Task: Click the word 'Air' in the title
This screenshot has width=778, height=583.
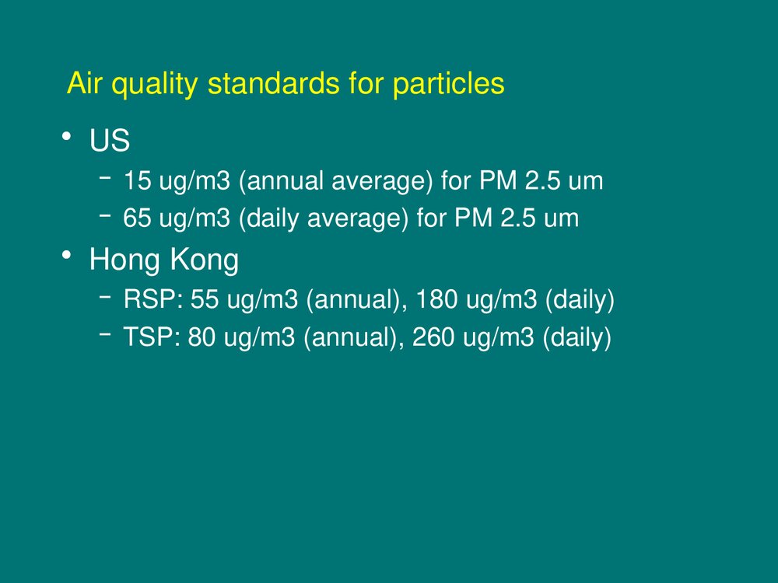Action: pyautogui.click(x=83, y=83)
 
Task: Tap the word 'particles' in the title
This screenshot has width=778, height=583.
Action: pyautogui.click(x=449, y=83)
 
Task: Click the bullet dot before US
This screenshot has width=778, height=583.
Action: pyautogui.click(x=66, y=135)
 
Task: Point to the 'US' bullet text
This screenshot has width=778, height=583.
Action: pyautogui.click(x=110, y=140)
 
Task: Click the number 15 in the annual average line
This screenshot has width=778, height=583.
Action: pyautogui.click(x=137, y=180)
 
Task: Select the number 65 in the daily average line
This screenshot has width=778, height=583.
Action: pyautogui.click(x=137, y=218)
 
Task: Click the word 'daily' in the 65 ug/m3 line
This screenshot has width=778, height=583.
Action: pyautogui.click(x=272, y=218)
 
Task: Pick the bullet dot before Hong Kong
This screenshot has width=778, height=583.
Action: pyautogui.click(x=66, y=255)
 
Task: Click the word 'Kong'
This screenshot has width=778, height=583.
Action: pyautogui.click(x=205, y=260)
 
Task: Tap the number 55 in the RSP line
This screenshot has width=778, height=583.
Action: pyautogui.click(x=205, y=299)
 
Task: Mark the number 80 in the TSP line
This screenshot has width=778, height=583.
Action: pyautogui.click(x=202, y=337)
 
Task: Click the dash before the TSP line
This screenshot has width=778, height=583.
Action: pyautogui.click(x=105, y=334)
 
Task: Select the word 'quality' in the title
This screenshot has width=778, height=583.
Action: pyautogui.click(x=154, y=83)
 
